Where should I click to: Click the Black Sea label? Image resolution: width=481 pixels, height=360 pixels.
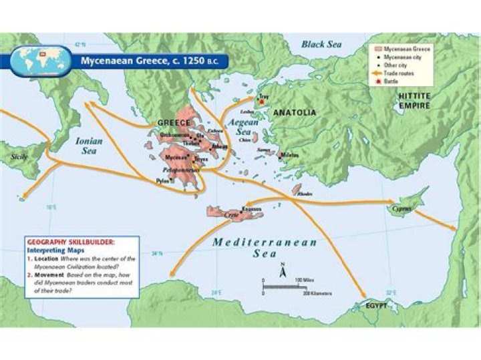click(x=321, y=44)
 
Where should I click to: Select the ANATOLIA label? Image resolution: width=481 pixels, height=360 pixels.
click(x=295, y=112)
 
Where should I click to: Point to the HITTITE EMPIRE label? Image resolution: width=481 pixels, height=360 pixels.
click(x=414, y=101)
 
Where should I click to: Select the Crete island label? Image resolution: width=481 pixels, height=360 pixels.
click(x=231, y=215)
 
